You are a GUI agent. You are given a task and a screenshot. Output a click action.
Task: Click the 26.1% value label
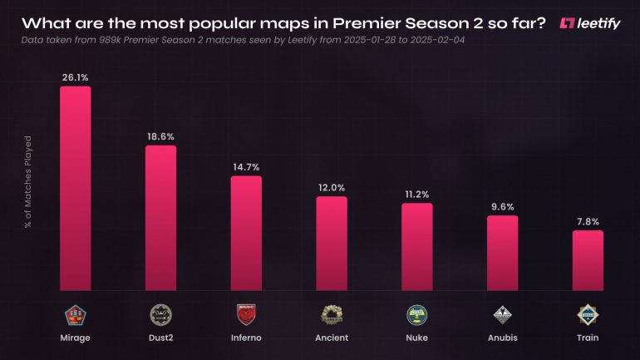(75, 76)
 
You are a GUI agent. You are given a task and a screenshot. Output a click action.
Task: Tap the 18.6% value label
(160, 136)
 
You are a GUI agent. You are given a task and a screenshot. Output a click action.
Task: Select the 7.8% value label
(588, 221)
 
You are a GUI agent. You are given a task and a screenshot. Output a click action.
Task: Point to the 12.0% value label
(332, 187)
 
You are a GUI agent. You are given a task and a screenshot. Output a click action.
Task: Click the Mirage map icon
(75, 314)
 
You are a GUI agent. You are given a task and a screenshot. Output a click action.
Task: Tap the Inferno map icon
(246, 314)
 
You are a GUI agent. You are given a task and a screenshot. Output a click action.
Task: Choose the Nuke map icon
(417, 314)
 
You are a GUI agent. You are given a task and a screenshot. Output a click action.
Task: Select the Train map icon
(588, 314)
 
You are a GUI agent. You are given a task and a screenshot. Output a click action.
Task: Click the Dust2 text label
(160, 338)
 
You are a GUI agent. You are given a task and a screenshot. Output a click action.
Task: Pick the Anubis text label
(502, 338)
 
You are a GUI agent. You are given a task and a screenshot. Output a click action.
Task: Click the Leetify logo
(590, 22)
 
